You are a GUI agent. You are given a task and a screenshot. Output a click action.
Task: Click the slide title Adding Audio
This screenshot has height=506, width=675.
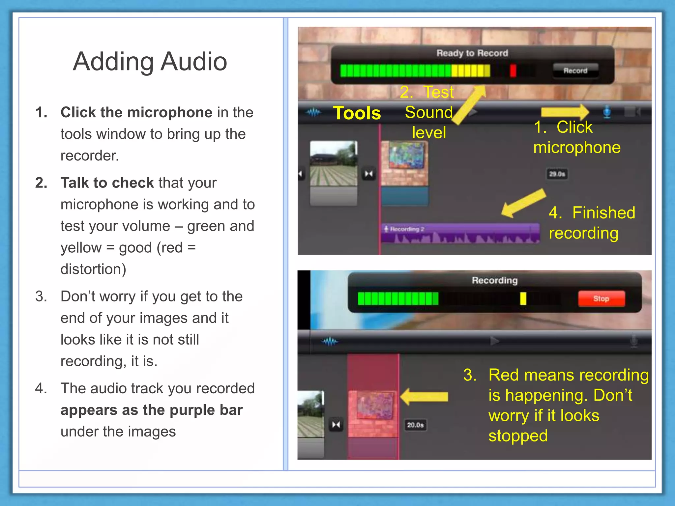tap(150, 62)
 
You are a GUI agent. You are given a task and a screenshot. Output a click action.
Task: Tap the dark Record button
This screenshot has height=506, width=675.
tap(575, 70)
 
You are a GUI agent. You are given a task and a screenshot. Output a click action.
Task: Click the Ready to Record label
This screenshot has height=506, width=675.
tap(472, 53)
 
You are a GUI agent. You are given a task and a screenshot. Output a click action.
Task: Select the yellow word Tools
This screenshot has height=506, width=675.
tap(357, 113)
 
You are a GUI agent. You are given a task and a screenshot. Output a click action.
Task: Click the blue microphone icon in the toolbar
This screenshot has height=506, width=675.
tap(607, 112)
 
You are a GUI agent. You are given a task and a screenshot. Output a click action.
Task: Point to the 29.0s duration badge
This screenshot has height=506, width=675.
tap(557, 174)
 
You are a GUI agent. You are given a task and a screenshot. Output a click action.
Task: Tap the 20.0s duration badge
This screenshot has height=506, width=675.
tap(415, 425)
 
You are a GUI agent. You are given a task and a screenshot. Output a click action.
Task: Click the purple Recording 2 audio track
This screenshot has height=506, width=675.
tap(460, 233)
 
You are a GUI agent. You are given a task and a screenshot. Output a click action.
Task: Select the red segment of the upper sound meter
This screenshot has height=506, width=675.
tap(513, 70)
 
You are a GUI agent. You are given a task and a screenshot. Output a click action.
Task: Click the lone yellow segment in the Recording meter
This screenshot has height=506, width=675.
tap(523, 298)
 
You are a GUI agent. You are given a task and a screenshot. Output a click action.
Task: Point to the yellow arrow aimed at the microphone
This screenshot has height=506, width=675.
tap(565, 112)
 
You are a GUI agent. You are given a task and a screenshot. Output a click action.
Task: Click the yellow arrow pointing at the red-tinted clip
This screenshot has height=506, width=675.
tap(425, 396)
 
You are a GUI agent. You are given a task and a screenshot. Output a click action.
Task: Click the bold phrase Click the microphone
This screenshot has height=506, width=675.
tap(136, 113)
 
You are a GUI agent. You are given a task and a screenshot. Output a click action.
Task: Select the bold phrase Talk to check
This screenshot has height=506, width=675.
tap(107, 183)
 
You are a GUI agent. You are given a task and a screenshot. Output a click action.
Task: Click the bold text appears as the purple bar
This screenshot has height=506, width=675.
tap(151, 410)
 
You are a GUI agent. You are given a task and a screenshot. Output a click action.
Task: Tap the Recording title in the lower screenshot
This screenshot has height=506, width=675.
tap(494, 280)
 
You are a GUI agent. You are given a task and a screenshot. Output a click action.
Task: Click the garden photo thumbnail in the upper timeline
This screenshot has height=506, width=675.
tap(334, 164)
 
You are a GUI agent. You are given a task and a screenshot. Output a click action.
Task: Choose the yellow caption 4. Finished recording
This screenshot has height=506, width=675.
tap(592, 223)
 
